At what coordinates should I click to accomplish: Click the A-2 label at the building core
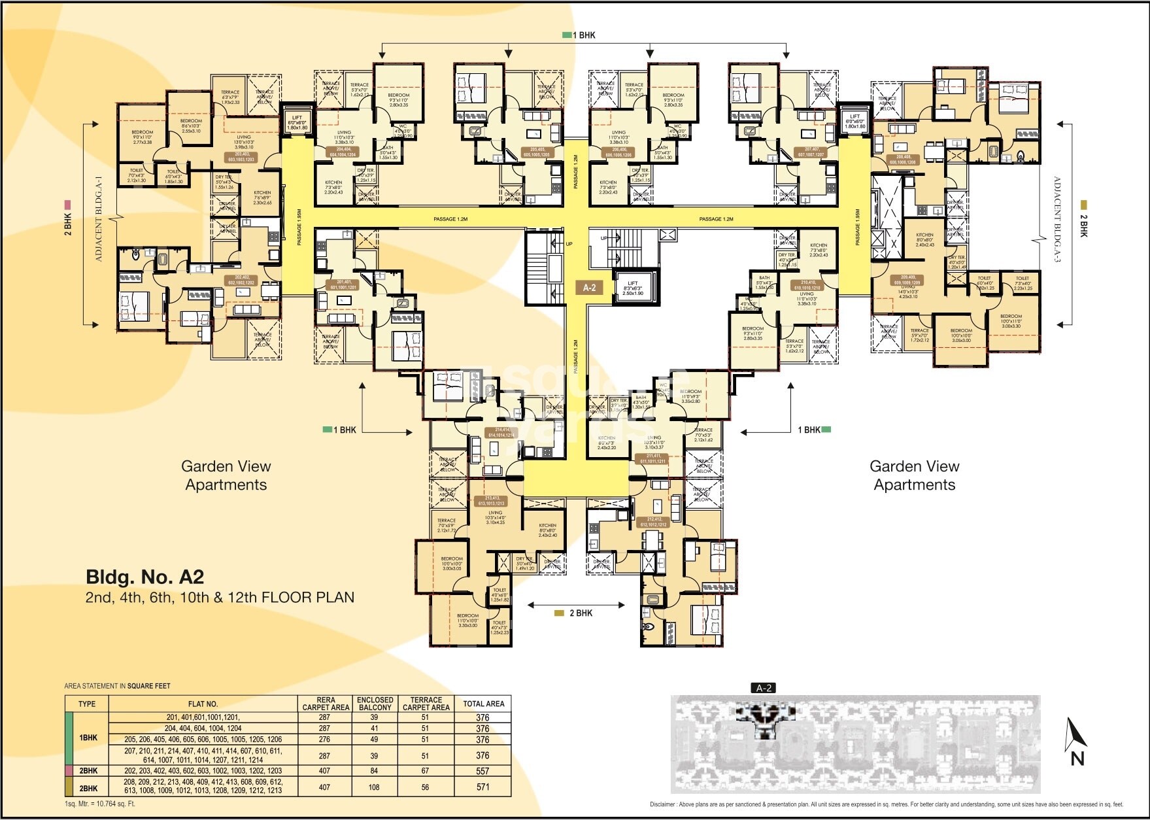589,287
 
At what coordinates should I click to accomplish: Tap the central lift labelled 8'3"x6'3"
633,288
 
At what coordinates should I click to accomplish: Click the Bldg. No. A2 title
145,577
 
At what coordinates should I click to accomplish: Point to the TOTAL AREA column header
483,704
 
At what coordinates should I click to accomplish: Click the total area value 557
482,771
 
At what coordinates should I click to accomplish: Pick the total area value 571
482,787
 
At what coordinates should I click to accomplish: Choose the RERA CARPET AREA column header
326,704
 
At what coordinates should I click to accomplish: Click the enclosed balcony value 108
374,787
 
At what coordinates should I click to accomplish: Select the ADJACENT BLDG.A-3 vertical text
1057,219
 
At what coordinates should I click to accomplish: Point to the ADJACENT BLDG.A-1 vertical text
99,219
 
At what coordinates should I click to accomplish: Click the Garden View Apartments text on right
914,475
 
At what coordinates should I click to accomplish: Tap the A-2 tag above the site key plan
764,688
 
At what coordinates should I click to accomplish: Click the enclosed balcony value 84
374,771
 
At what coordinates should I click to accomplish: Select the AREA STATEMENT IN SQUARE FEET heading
117,686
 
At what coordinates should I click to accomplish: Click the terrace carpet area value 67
425,771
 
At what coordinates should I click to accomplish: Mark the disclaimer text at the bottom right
886,804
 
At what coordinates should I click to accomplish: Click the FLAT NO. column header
203,704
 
